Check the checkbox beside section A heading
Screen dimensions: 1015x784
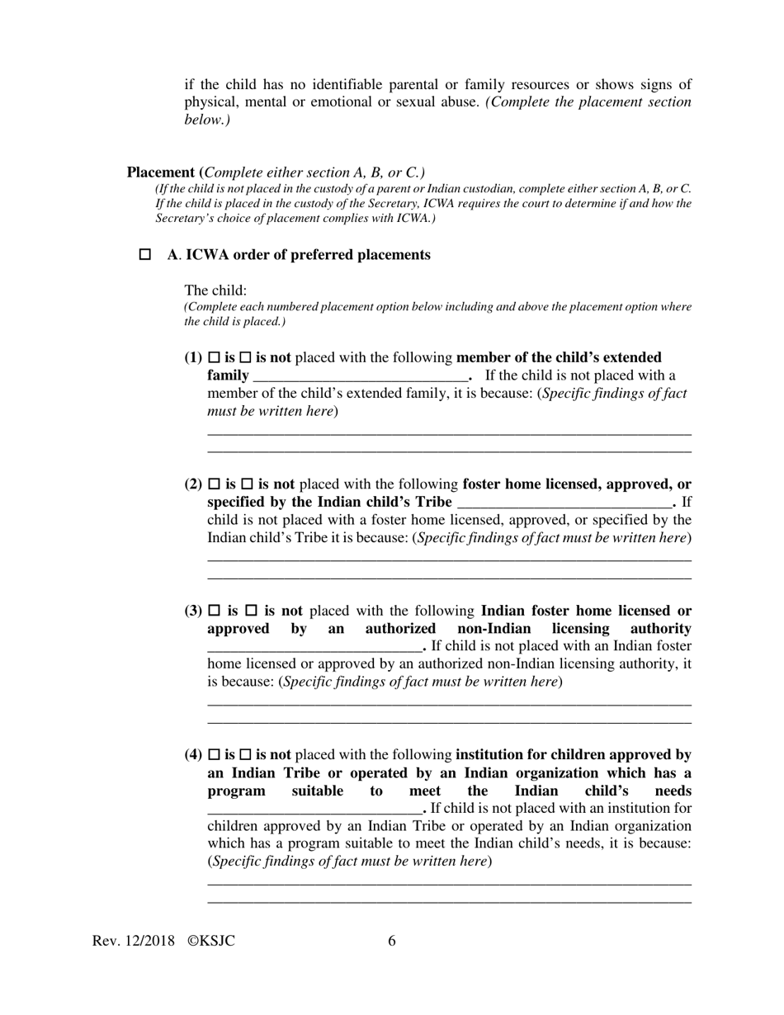pyautogui.click(x=145, y=255)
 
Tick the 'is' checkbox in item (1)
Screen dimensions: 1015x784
pyautogui.click(x=215, y=358)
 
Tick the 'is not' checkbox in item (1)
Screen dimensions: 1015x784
pyautogui.click(x=245, y=358)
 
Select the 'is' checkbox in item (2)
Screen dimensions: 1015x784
pyautogui.click(x=215, y=484)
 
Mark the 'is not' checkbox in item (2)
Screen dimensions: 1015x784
pyautogui.click(x=247, y=484)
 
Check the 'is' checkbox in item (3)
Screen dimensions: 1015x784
pyautogui.click(x=215, y=611)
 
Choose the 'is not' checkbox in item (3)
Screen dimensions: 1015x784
pyautogui.click(x=252, y=611)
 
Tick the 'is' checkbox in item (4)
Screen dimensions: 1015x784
pyautogui.click(x=215, y=755)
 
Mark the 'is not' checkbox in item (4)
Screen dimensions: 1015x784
pyautogui.click(x=245, y=755)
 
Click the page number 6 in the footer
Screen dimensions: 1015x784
pyautogui.click(x=392, y=942)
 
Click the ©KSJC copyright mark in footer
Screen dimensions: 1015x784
pyautogui.click(x=211, y=942)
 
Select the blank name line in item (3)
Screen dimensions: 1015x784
pyautogui.click(x=314, y=647)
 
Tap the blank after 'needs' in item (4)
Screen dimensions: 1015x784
pyautogui.click(x=314, y=809)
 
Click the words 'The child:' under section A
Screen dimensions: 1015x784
pyautogui.click(x=215, y=290)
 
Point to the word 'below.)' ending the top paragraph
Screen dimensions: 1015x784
pyautogui.click(x=207, y=120)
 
